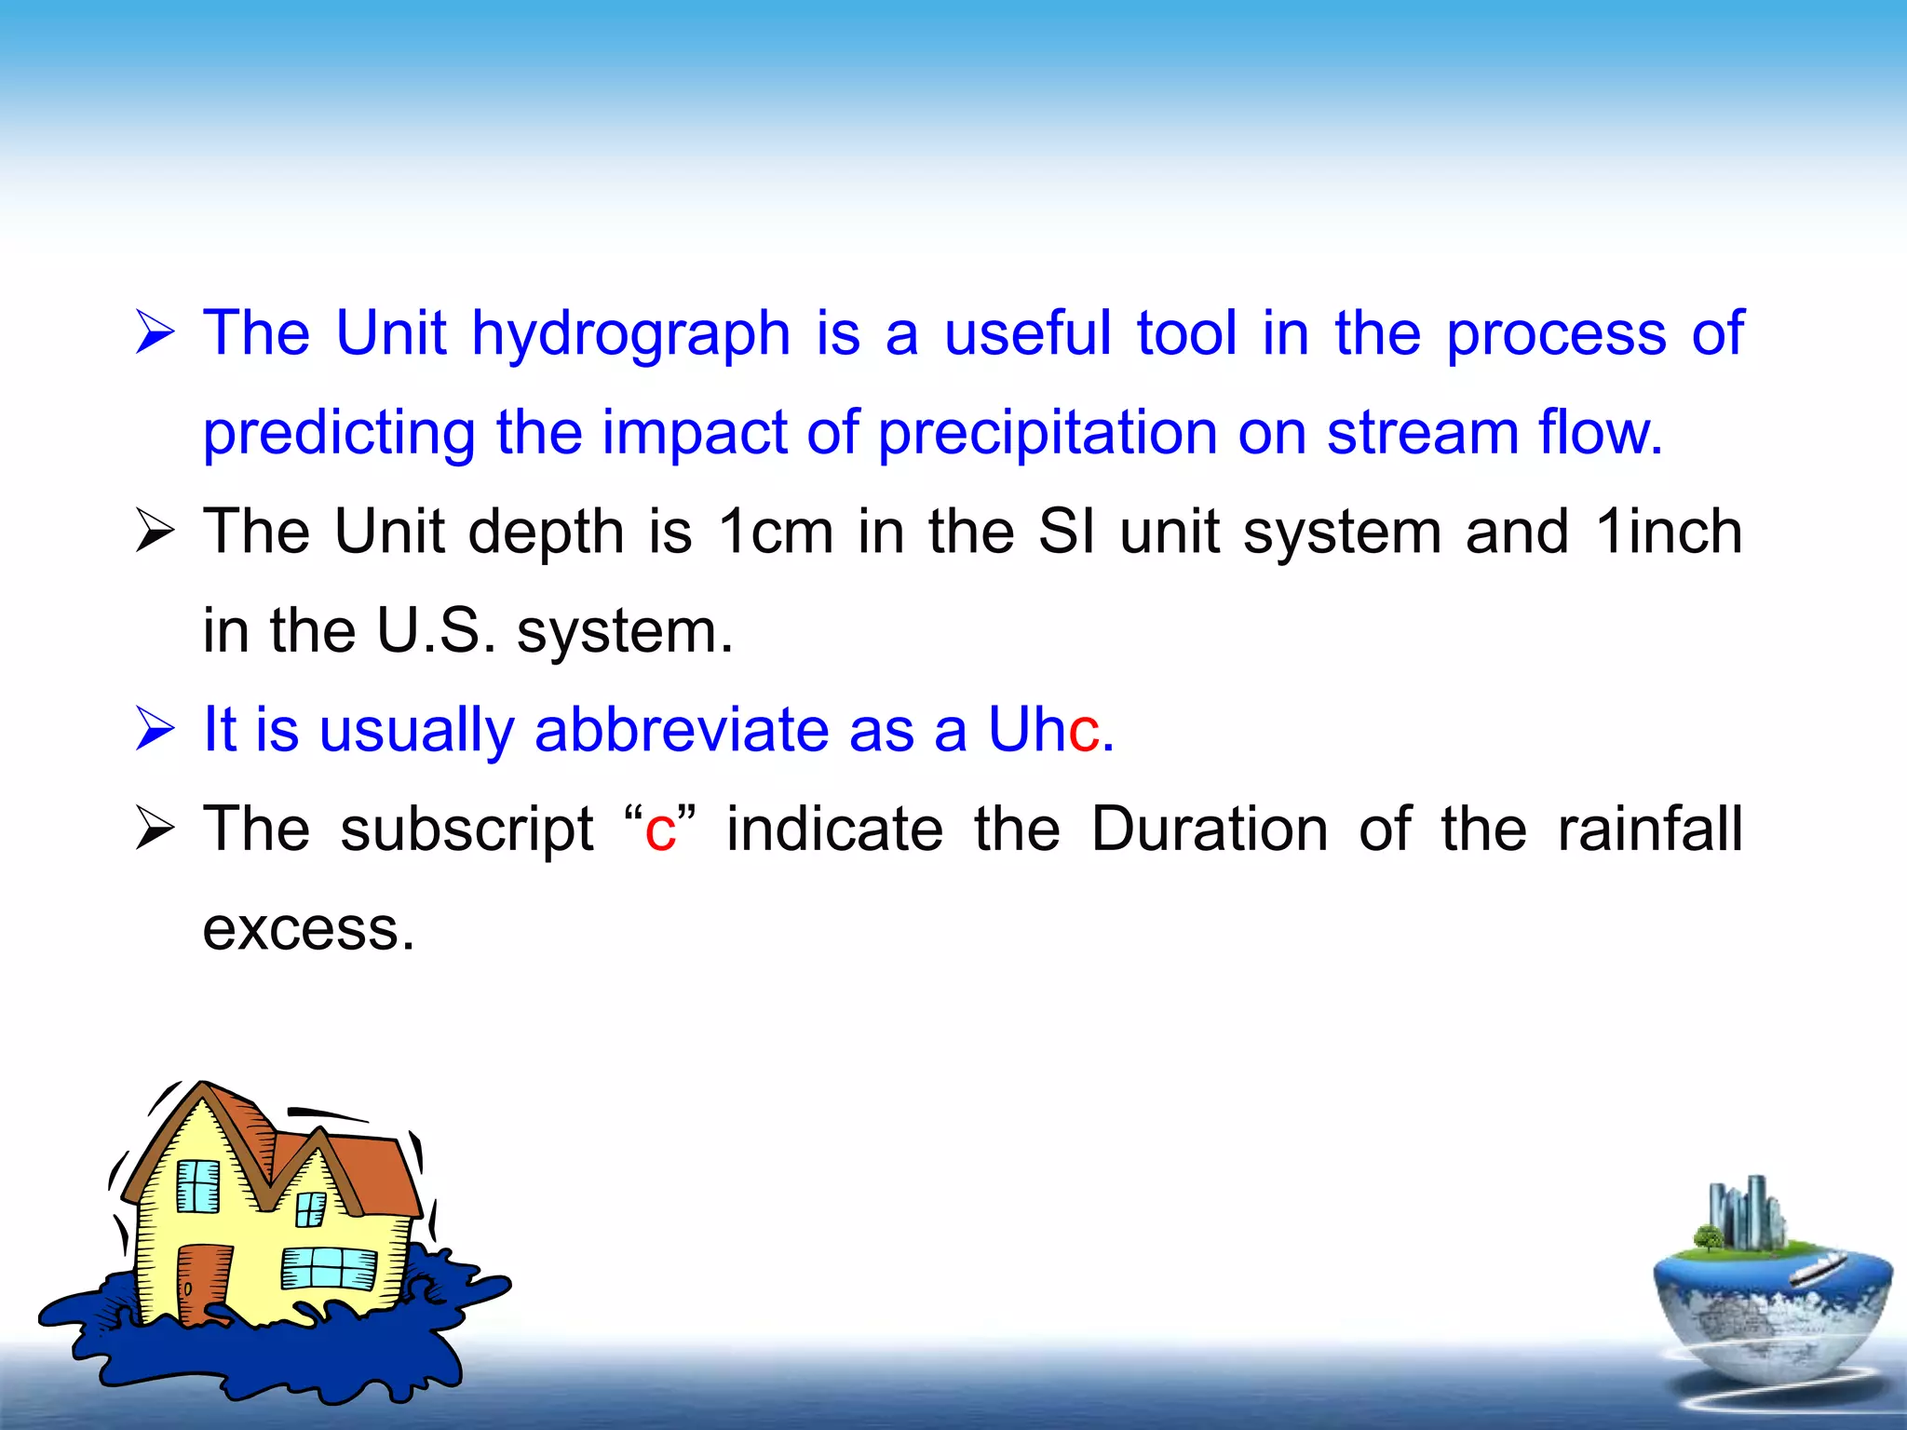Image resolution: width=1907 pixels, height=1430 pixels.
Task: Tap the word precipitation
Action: coord(1047,434)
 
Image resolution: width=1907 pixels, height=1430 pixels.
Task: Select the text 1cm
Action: coord(775,533)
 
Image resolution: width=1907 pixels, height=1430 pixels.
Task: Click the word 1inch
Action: coord(1669,533)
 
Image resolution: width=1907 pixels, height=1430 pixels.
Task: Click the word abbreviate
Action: coord(681,730)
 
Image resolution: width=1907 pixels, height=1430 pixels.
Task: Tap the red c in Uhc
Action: coord(1084,732)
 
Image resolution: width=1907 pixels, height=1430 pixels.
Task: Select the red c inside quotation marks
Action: coord(660,831)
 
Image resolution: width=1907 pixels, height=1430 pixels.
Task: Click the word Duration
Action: coord(1209,830)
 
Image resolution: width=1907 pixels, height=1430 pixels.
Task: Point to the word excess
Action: coord(307,930)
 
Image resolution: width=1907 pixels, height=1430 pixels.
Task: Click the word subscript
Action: coord(467,831)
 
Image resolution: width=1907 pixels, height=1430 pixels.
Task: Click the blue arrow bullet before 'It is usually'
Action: coord(155,728)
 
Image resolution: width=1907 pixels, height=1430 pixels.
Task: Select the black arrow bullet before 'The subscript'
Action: coord(155,828)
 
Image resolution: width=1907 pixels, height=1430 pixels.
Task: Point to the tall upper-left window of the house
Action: coord(198,1186)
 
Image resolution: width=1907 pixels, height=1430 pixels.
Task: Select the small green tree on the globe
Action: coord(1708,1238)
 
